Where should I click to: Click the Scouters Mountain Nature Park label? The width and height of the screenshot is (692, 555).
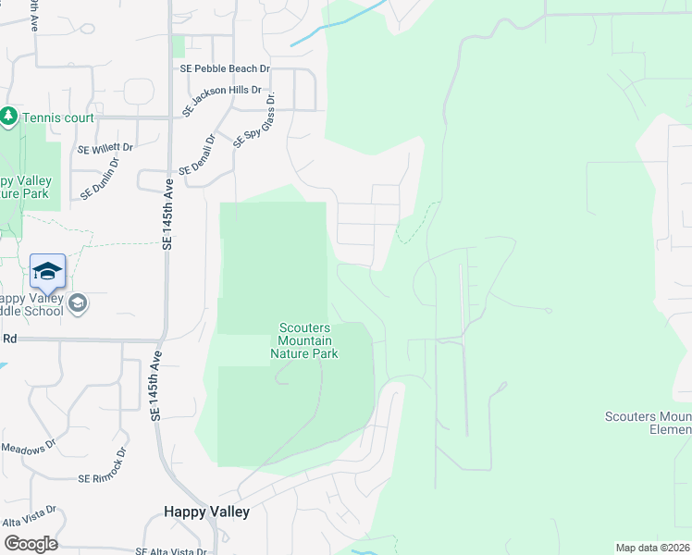[303, 340]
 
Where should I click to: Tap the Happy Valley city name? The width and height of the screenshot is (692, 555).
[206, 512]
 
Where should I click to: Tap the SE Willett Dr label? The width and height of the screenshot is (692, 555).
[105, 147]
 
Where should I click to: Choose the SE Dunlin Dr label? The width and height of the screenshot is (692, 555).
[100, 179]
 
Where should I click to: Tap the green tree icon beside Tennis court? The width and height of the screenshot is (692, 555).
[9, 117]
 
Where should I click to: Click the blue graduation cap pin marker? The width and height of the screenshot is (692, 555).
[47, 271]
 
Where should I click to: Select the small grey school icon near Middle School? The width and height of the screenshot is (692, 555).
[79, 302]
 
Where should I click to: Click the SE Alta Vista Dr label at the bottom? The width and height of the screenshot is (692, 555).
[170, 551]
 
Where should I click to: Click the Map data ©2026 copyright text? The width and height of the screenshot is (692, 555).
[652, 548]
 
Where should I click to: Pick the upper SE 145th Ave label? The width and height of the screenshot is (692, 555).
[168, 215]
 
